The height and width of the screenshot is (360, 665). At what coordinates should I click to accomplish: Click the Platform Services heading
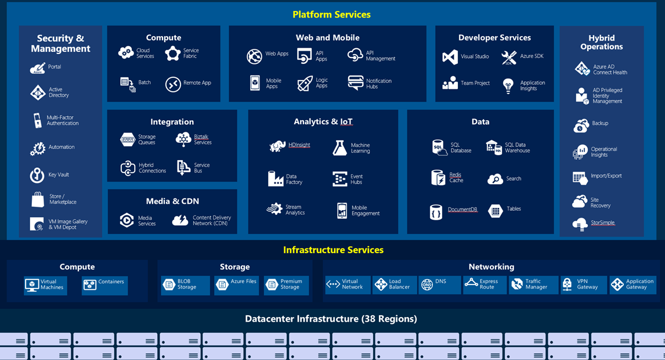(x=331, y=15)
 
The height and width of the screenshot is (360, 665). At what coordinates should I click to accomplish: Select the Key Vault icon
(x=37, y=175)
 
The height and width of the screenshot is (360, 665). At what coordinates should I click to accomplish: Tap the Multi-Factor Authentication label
(x=62, y=121)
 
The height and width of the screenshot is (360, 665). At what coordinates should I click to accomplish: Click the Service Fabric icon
(x=172, y=53)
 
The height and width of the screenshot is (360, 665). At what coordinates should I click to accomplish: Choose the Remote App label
(x=197, y=83)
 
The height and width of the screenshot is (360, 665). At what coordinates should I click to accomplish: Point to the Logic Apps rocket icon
(x=305, y=84)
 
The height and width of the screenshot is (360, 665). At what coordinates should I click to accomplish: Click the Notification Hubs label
(x=378, y=84)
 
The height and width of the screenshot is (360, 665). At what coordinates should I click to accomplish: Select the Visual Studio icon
(x=450, y=57)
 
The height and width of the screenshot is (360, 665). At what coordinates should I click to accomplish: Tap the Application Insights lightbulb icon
(x=508, y=86)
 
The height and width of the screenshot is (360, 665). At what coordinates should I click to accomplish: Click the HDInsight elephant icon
(x=277, y=146)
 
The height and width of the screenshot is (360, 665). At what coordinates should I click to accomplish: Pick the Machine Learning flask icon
(x=339, y=148)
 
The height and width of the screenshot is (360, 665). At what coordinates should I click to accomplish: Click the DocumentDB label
(x=462, y=210)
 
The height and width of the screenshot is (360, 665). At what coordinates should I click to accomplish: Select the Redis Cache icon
(x=438, y=178)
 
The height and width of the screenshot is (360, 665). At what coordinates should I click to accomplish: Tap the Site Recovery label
(x=600, y=203)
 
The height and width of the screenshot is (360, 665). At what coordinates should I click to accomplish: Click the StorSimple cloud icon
(x=580, y=224)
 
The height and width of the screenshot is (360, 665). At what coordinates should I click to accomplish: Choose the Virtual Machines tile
(x=45, y=285)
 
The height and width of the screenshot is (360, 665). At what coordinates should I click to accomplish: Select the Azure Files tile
(x=236, y=285)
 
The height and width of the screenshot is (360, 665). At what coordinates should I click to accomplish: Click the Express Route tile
(x=484, y=285)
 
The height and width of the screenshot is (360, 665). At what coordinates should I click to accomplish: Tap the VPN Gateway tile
(x=583, y=285)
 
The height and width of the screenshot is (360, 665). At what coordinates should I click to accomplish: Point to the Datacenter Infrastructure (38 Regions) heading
(x=331, y=319)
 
